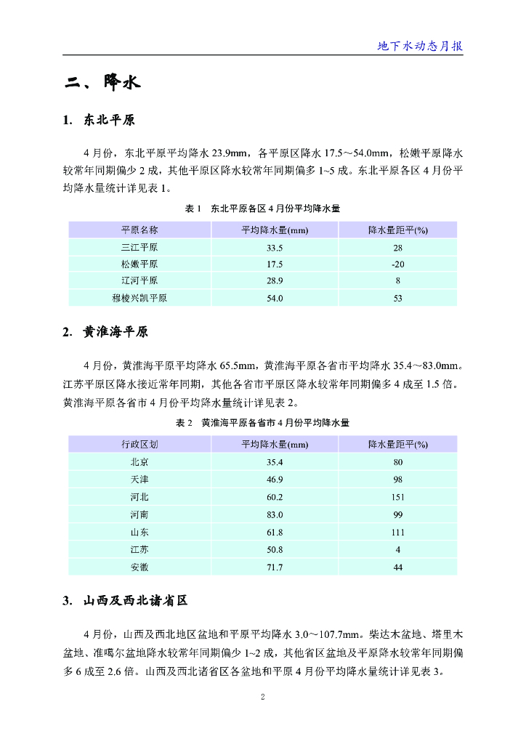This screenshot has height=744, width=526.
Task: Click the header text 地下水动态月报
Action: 420,46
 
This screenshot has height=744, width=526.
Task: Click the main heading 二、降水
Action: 101,83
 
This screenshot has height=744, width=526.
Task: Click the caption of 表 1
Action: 263,209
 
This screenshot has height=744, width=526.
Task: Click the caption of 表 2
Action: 263,422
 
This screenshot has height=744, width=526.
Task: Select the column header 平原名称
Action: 139,230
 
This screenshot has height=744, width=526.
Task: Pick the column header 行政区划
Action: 139,444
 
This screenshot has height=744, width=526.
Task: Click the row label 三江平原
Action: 139,247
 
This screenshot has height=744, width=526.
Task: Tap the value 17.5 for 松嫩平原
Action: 275,264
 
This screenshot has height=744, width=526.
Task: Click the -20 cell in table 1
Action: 397,264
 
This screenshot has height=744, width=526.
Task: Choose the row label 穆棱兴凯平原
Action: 139,298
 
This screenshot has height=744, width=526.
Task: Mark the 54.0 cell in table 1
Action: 275,298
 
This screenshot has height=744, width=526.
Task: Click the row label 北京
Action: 139,461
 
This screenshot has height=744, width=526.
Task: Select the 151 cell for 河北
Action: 397,497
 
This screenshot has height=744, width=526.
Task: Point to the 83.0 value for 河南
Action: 275,514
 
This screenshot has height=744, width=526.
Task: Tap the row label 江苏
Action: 139,550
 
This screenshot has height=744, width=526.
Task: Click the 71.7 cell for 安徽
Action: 275,567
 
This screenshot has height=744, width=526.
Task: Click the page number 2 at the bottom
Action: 263,697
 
